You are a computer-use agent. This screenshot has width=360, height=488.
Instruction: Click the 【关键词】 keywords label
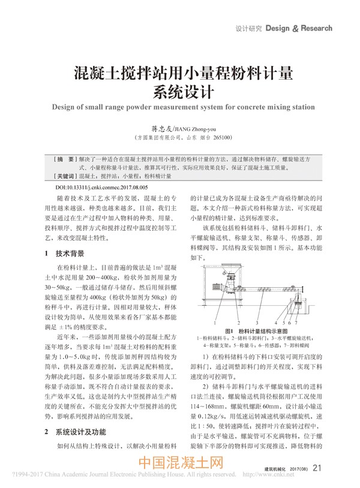coord(63,177)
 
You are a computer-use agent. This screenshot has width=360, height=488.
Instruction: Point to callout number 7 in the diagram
coord(296,323)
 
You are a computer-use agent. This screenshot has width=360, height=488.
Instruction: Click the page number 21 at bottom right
coord(317,468)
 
